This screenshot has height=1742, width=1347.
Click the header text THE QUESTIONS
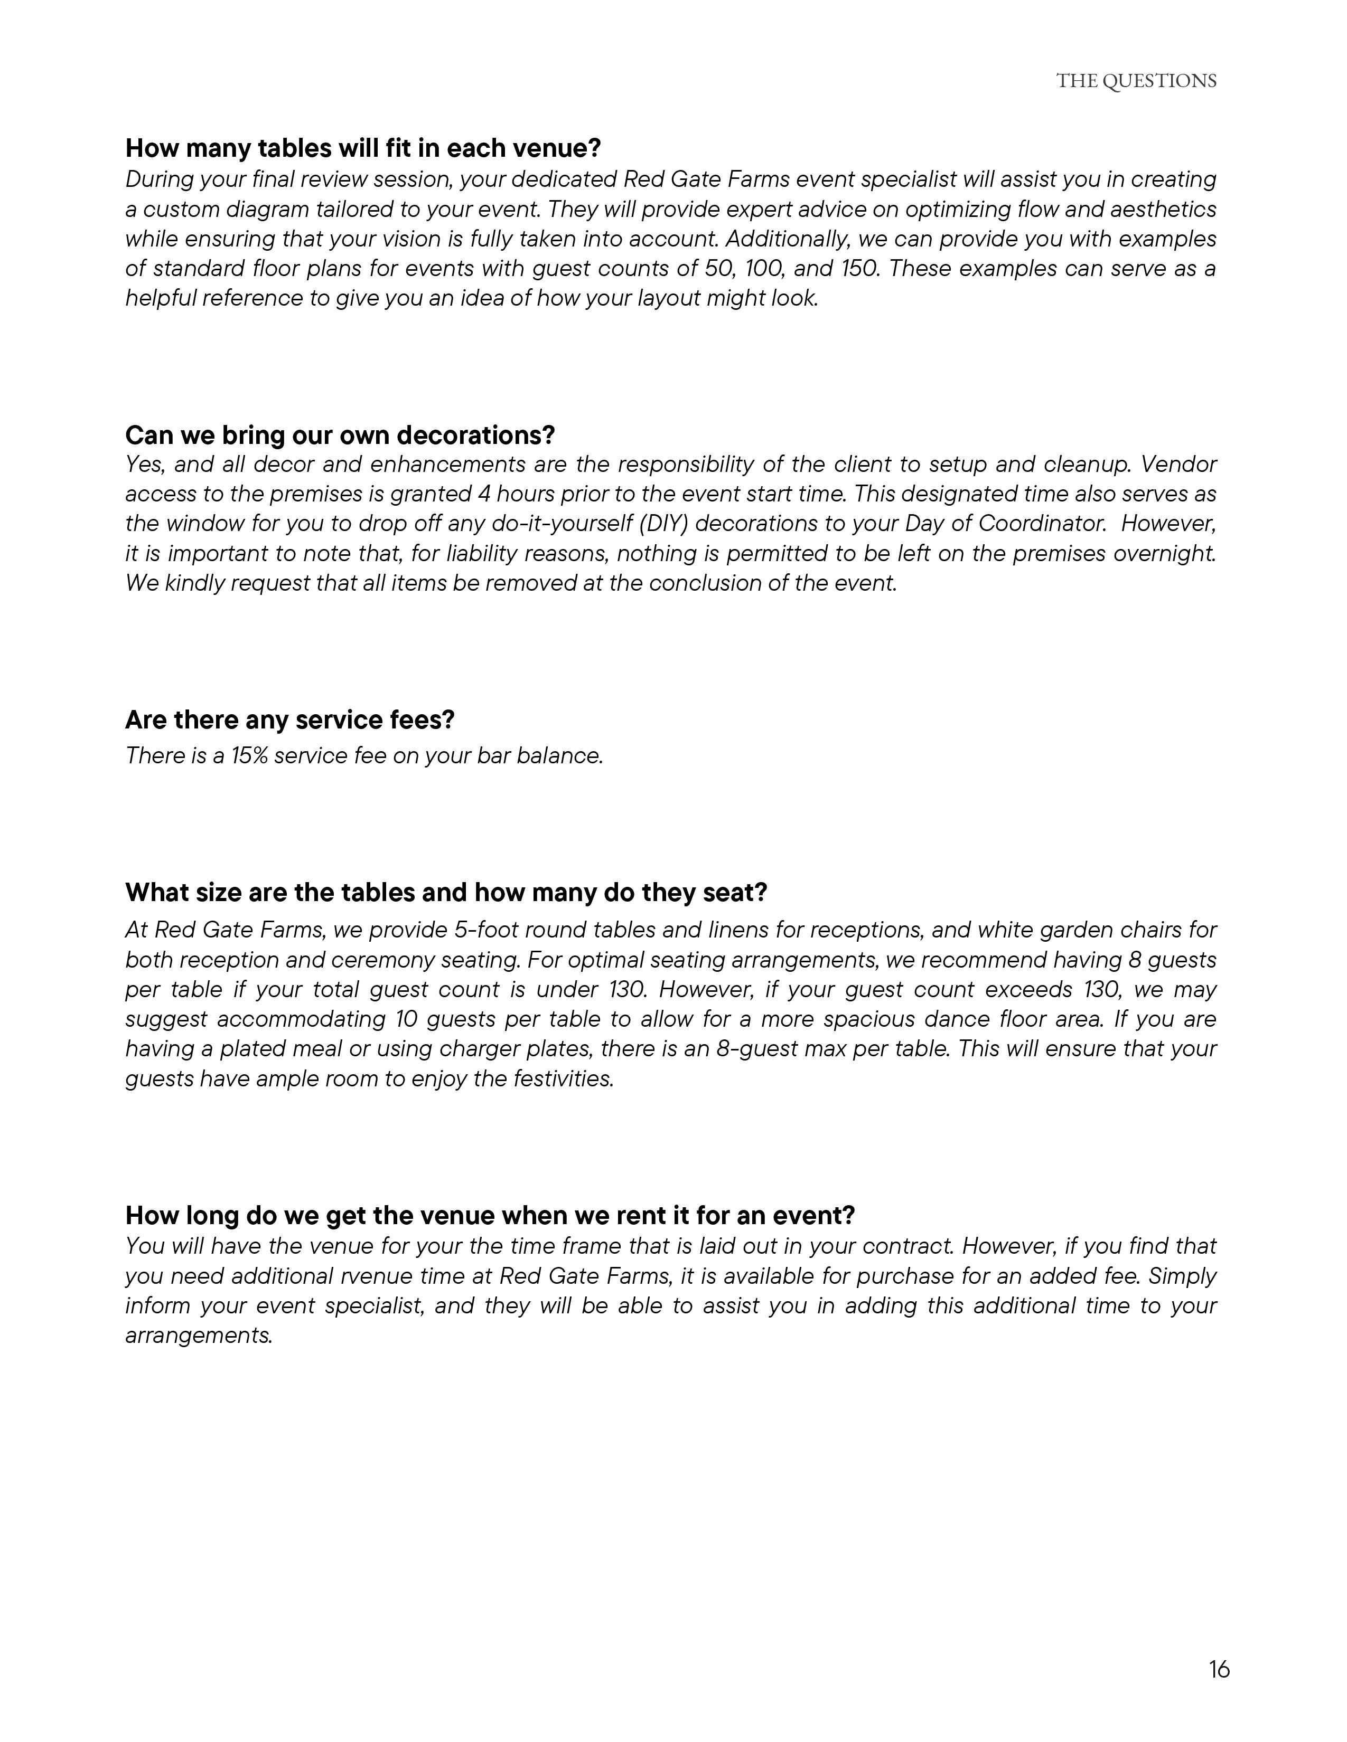(1136, 81)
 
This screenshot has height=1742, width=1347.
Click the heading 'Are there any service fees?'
(289, 719)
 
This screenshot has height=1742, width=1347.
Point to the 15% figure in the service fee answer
(249, 755)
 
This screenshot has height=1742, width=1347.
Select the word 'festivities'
(564, 1078)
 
